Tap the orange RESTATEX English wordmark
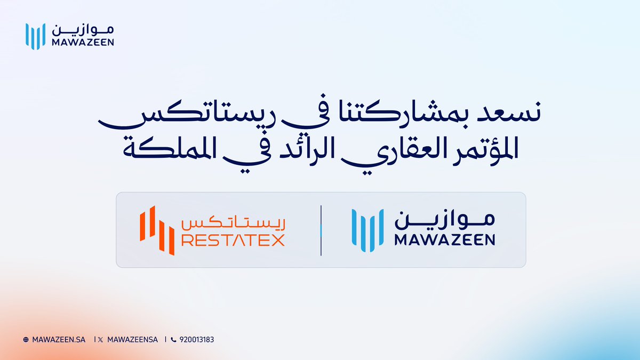(x=233, y=241)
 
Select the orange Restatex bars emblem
(x=156, y=230)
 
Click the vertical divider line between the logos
(x=321, y=230)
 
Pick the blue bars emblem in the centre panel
(x=367, y=230)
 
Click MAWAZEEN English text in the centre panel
(x=445, y=241)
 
